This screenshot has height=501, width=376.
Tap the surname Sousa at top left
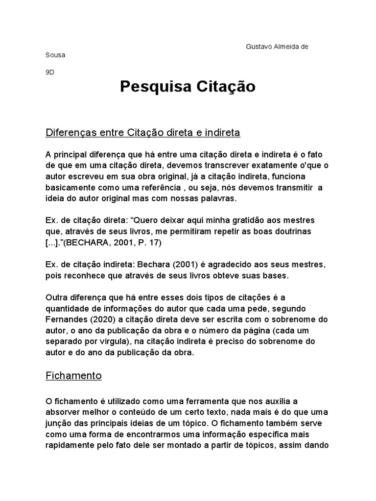(55, 55)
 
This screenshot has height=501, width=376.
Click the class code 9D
(50, 71)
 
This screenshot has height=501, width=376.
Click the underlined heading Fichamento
(73, 376)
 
